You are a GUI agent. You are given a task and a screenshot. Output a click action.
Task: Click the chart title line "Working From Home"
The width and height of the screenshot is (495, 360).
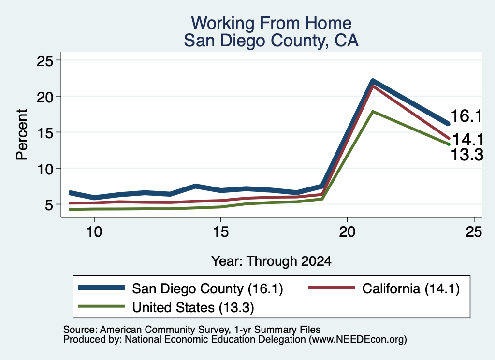pos(271,23)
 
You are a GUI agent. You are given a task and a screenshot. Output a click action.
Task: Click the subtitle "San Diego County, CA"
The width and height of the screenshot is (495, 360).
pos(271,41)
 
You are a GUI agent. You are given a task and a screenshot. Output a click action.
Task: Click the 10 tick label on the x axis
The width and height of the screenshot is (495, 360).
pos(94,232)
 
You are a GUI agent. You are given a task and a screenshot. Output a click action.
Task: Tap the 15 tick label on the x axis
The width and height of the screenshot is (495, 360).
pos(220,232)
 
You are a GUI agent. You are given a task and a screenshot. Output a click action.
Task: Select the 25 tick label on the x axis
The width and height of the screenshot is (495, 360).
pos(474,232)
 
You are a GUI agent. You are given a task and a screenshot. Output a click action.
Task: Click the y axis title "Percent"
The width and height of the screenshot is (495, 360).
pos(22,135)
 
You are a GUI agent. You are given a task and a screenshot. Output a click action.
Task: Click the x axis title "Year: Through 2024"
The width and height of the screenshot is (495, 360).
pos(271,261)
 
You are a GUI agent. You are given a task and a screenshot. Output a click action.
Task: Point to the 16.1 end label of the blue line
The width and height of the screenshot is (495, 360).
pos(466,116)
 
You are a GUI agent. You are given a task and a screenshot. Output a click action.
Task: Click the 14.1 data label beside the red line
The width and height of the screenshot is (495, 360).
pos(468,140)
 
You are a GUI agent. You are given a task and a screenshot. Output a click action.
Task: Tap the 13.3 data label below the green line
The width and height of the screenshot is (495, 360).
pos(467,155)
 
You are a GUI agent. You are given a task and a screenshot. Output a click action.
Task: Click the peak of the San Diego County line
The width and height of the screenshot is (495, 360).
pos(373,81)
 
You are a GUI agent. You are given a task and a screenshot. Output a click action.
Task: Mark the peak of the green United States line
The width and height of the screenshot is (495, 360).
pos(373,111)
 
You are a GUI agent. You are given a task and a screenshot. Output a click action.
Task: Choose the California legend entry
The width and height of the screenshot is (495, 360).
pos(384,288)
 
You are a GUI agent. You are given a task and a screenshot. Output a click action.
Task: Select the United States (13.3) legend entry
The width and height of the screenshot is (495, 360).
pos(166,307)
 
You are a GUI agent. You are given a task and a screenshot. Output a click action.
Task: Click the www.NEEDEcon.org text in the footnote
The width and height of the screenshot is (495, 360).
pos(358,339)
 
